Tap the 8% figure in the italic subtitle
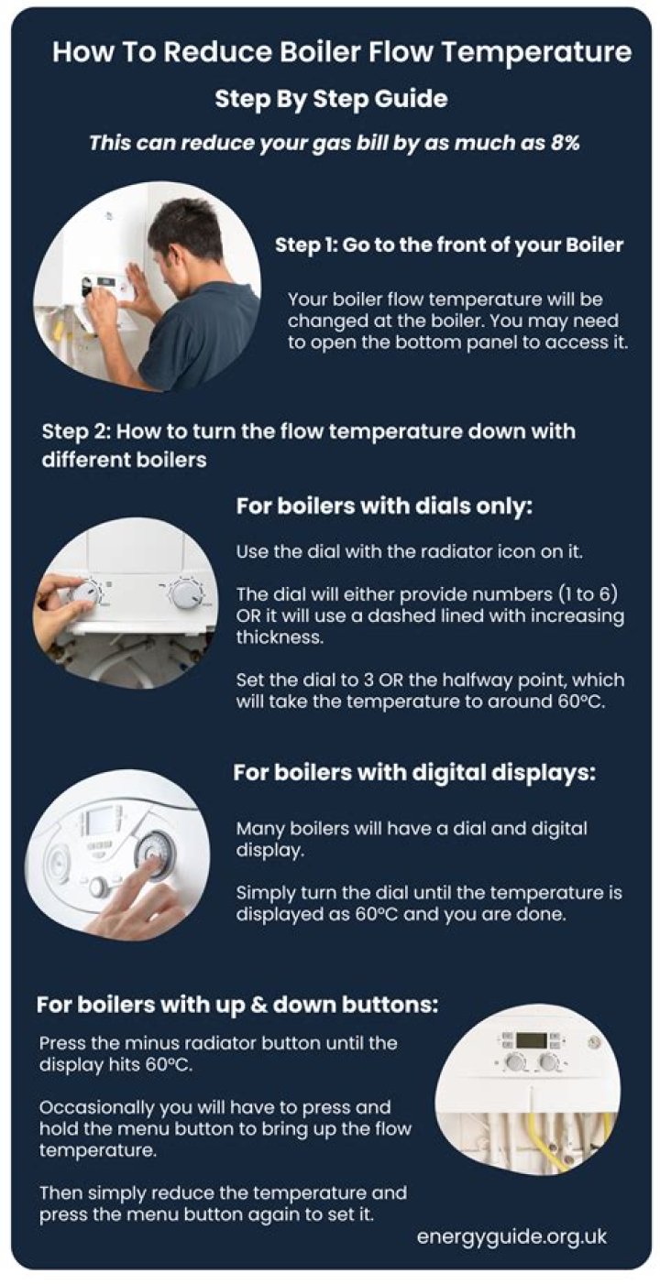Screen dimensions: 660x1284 pos(565,143)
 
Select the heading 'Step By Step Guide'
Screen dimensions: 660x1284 pos(331,99)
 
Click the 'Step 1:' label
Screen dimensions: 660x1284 pos(306,245)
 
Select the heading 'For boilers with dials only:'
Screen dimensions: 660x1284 pos(384,506)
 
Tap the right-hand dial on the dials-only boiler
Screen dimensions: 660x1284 pos(186,593)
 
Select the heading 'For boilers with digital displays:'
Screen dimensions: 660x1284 pos(414,773)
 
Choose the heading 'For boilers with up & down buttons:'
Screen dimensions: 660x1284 pos(237,1005)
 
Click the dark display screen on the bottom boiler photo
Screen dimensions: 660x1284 pos(531,1040)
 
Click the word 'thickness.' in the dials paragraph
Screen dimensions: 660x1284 pos(280,637)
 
